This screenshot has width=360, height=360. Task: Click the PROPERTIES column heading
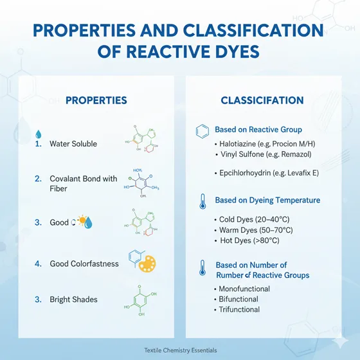click(96, 100)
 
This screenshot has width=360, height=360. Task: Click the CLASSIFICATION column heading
click(262, 100)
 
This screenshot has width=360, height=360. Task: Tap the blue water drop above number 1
click(38, 134)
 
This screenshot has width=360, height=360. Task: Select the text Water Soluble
click(73, 144)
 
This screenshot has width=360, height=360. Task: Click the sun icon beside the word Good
click(82, 222)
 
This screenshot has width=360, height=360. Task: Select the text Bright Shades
click(74, 299)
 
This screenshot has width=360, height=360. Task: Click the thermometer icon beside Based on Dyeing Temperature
click(202, 201)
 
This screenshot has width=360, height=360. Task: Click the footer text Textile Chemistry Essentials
click(180, 350)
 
